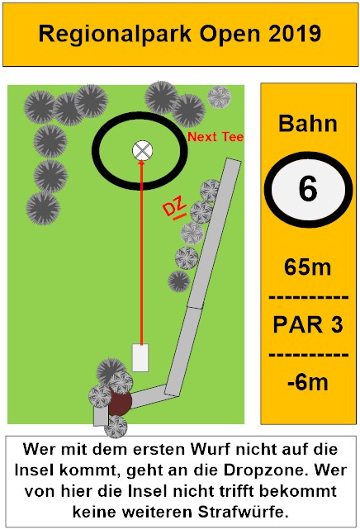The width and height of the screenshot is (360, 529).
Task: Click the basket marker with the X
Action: [142, 150]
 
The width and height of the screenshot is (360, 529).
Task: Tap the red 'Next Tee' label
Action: [216, 137]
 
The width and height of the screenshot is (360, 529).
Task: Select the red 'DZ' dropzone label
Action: [173, 207]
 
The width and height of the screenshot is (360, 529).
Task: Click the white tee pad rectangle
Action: [140, 357]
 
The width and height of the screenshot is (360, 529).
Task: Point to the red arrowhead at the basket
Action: [142, 163]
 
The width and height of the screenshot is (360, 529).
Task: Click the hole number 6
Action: [308, 189]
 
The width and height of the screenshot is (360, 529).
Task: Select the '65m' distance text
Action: [307, 267]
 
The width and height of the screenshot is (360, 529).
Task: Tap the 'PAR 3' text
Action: [308, 324]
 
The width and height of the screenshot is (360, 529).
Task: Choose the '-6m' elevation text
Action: [308, 382]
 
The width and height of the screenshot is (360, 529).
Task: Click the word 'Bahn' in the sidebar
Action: [308, 124]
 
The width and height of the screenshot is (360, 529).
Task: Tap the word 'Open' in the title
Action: [230, 35]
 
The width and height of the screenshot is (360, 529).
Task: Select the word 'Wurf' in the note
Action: [211, 450]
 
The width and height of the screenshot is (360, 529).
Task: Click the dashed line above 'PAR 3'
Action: [308, 297]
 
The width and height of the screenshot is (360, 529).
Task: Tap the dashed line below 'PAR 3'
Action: [308, 355]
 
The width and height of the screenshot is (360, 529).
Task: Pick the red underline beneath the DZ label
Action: [179, 216]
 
